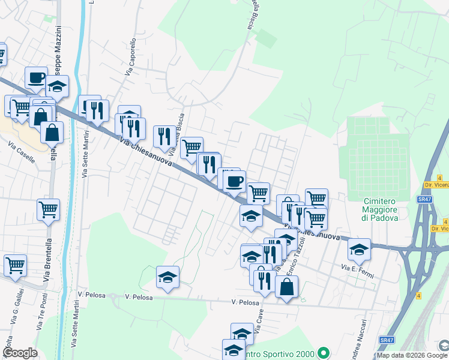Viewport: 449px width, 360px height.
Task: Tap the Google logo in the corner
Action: (20, 353)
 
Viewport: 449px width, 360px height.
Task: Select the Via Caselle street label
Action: (22, 145)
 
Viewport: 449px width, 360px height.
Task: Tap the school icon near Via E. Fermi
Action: (359, 248)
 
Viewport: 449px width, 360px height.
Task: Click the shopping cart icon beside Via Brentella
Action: (48, 209)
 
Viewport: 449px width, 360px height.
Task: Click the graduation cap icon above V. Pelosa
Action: (168, 277)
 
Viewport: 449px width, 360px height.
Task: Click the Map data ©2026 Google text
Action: (412, 355)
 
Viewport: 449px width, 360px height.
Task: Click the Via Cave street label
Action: (259, 323)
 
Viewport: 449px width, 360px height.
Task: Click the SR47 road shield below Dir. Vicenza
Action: (424, 199)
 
